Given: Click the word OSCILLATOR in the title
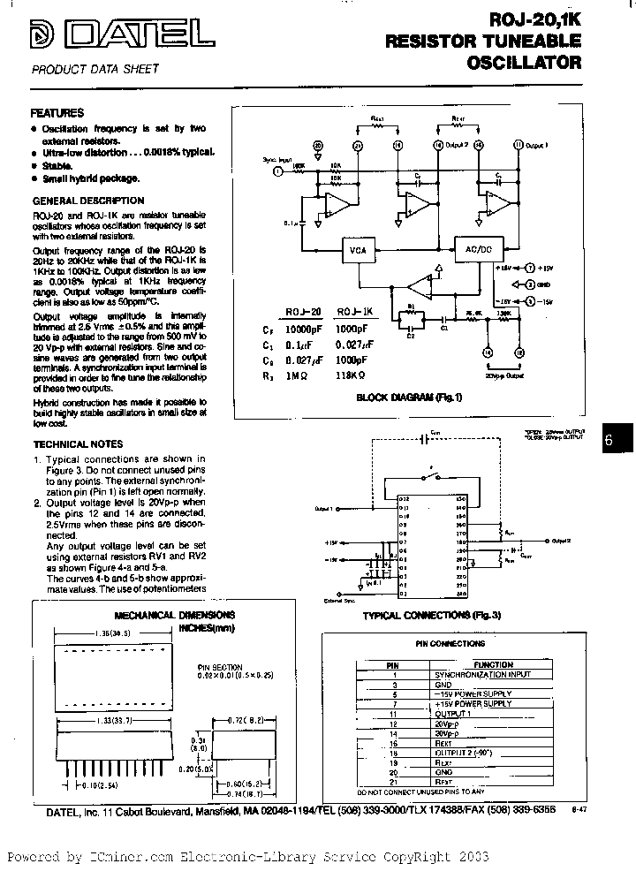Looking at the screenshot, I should pyautogui.click(x=522, y=63).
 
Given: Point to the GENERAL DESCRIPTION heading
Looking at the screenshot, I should pyautogui.click(x=87, y=201).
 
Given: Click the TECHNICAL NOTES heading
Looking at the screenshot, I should pyautogui.click(x=78, y=444).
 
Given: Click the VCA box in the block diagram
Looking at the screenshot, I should pyautogui.click(x=357, y=250).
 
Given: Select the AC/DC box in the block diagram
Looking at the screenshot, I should pyautogui.click(x=473, y=250).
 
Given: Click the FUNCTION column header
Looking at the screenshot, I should pyautogui.click(x=493, y=664).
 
